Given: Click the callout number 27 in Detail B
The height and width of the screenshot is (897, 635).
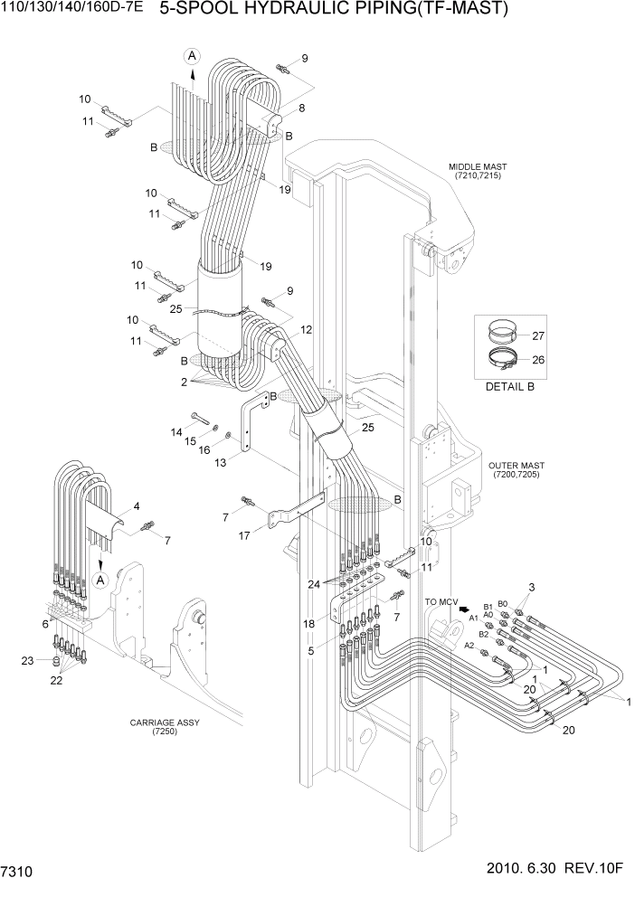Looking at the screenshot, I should [538, 335].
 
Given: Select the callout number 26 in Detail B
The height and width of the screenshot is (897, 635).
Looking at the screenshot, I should [538, 360].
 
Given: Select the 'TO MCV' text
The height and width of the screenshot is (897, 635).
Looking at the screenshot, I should [441, 600].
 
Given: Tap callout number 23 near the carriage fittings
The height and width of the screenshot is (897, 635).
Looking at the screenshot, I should [29, 662].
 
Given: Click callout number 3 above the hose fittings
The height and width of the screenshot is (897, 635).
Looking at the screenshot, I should [532, 589].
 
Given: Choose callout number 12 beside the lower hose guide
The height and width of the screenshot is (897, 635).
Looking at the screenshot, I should [307, 329].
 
